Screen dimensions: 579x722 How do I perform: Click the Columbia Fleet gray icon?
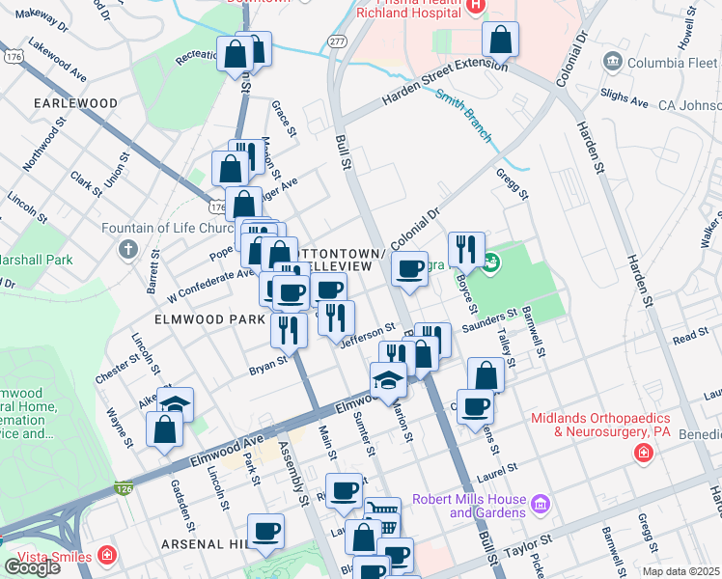pyautogui.click(x=612, y=63)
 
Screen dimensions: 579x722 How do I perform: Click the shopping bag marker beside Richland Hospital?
pyautogui.click(x=500, y=41)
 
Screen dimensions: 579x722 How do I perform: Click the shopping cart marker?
pyautogui.click(x=382, y=515)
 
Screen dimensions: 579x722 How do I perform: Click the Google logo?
pyautogui.click(x=32, y=567)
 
